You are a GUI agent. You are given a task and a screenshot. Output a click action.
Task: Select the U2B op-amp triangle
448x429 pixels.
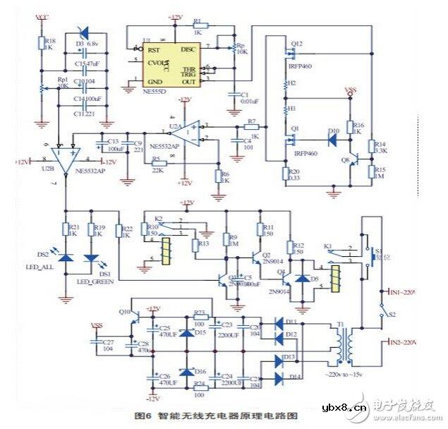click(66, 162)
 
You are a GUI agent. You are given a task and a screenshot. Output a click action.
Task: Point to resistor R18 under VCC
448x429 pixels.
click(41, 44)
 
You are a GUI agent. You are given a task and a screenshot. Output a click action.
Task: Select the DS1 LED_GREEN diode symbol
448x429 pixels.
click(89, 258)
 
